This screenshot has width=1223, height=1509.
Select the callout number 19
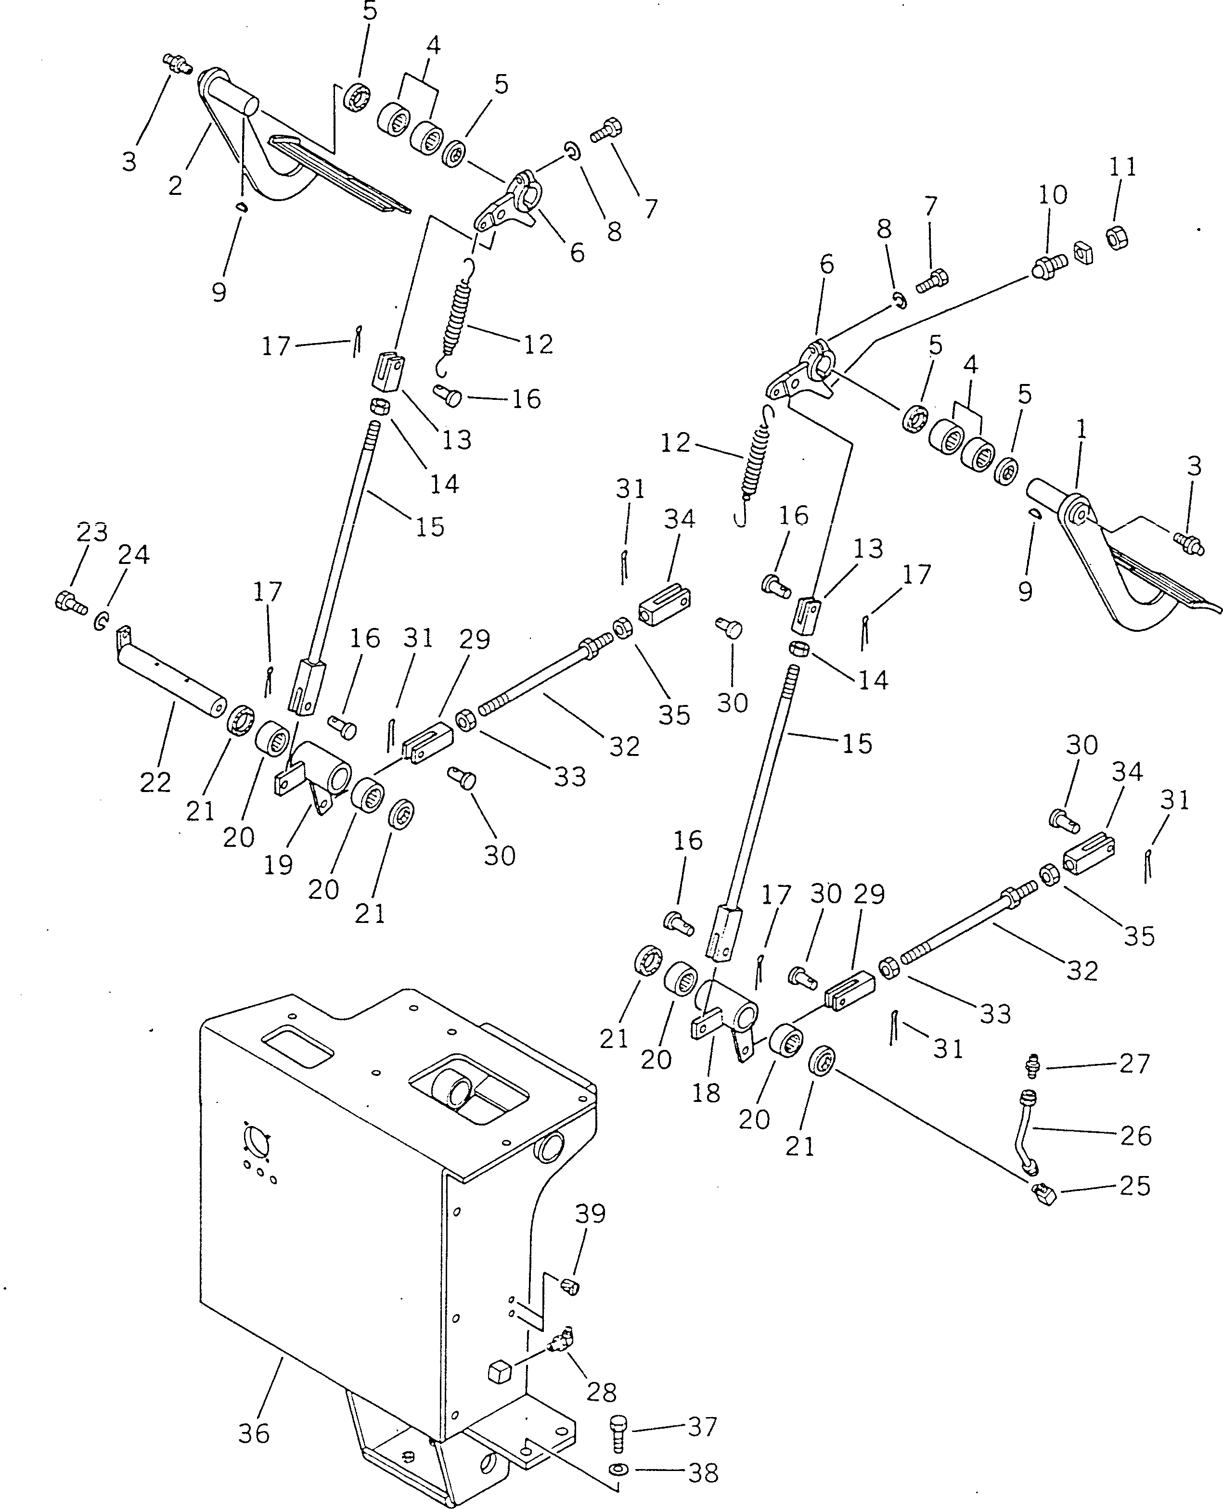pos(278,864)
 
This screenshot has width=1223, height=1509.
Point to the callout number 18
pos(706,1093)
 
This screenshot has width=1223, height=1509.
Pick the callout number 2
pos(175,185)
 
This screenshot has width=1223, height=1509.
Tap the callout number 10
pos(1053,194)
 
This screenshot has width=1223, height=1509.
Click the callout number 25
pos(1135,1186)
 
